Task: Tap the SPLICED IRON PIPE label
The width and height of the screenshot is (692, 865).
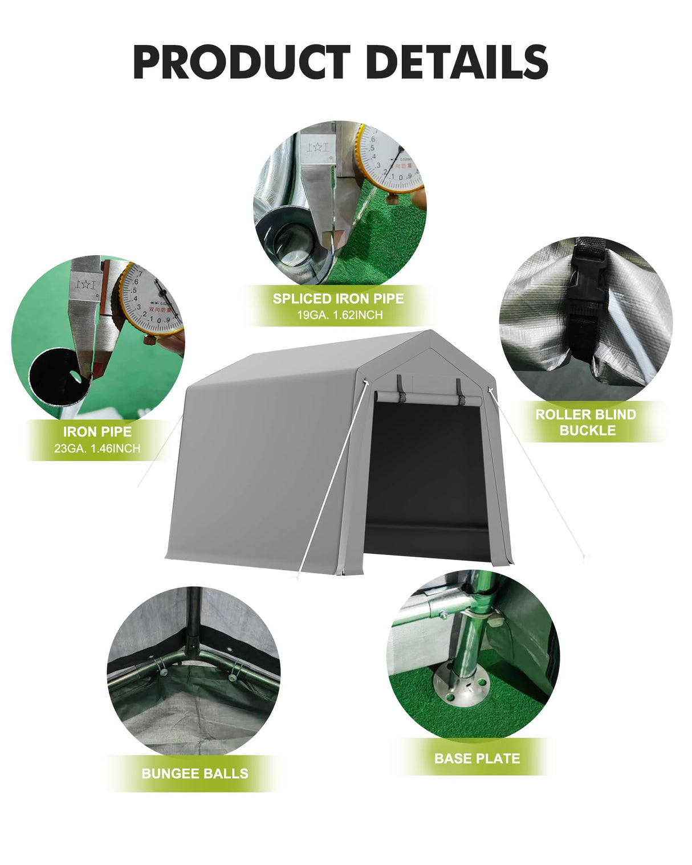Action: (x=338, y=299)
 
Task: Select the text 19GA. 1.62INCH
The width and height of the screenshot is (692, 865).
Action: (x=340, y=315)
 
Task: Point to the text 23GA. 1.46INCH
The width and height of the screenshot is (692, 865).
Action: (x=97, y=448)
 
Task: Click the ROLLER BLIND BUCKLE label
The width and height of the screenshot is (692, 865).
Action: (x=586, y=422)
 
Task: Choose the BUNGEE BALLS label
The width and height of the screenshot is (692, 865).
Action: (x=195, y=773)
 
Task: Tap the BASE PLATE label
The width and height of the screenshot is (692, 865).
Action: (x=477, y=758)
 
